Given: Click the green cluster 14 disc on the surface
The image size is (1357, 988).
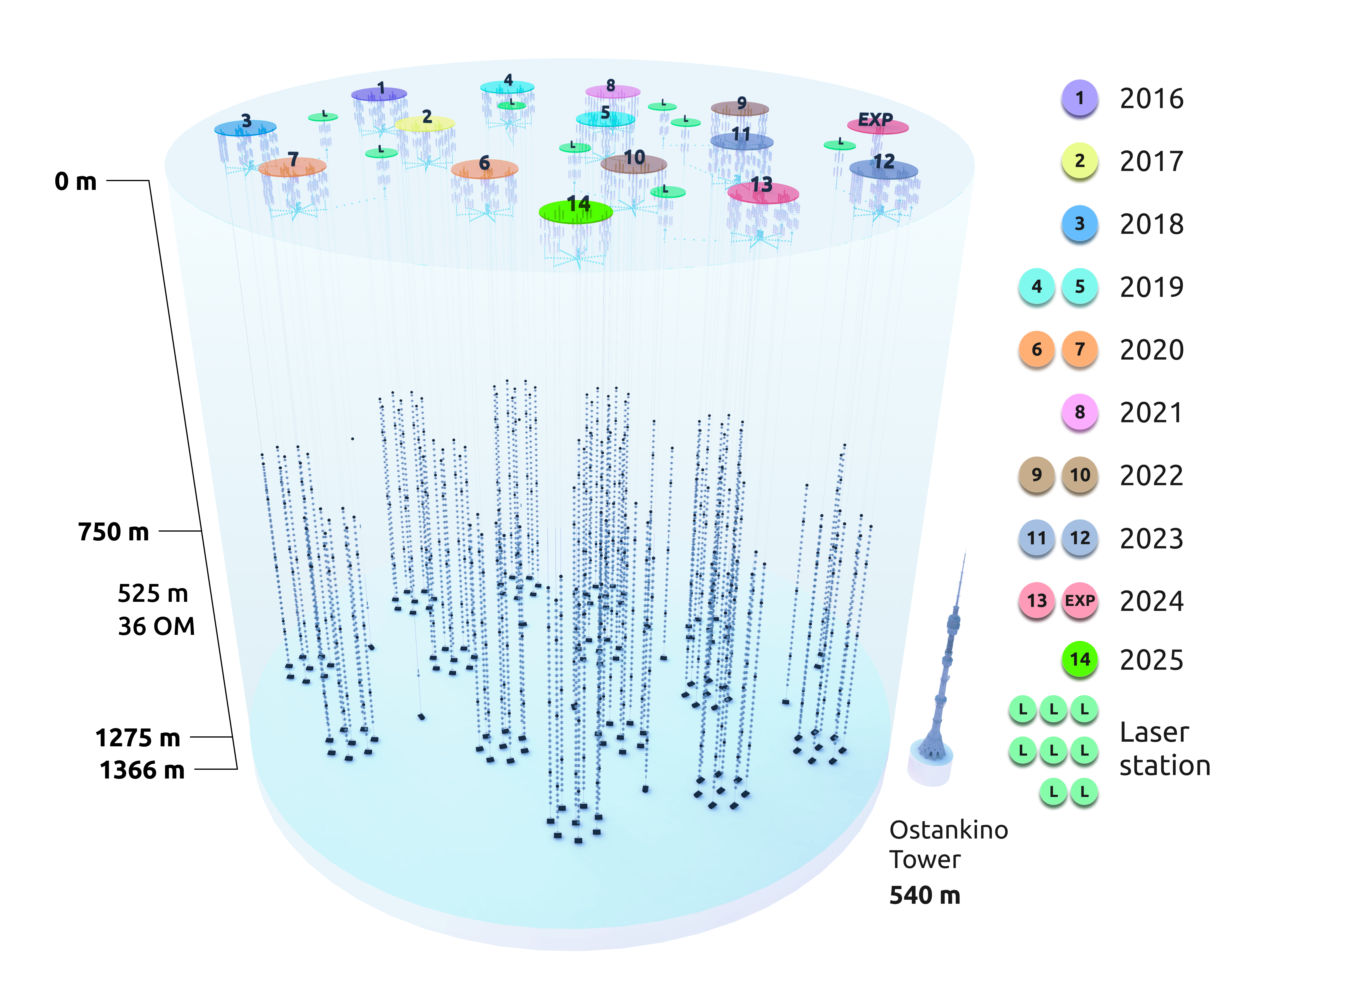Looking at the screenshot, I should [576, 212].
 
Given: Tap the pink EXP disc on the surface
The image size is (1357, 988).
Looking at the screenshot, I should [878, 126].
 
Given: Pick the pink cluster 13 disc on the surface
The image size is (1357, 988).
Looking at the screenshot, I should [763, 193].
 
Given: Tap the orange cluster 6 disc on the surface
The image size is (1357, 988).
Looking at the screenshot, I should [485, 169].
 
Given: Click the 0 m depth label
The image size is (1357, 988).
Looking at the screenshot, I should [75, 181].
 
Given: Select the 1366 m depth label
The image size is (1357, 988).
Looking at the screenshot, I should [142, 770].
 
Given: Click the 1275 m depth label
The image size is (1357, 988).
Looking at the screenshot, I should [137, 738].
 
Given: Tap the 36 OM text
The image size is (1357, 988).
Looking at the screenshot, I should [156, 627].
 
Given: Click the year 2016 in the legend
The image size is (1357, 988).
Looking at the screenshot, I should [1151, 99].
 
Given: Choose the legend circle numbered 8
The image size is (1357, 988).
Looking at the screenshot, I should [1079, 412].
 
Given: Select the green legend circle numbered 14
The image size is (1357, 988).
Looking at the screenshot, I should [1079, 659].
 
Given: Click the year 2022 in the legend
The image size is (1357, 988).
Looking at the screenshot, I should [1151, 476].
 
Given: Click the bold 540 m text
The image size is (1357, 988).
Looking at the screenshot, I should [924, 895].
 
